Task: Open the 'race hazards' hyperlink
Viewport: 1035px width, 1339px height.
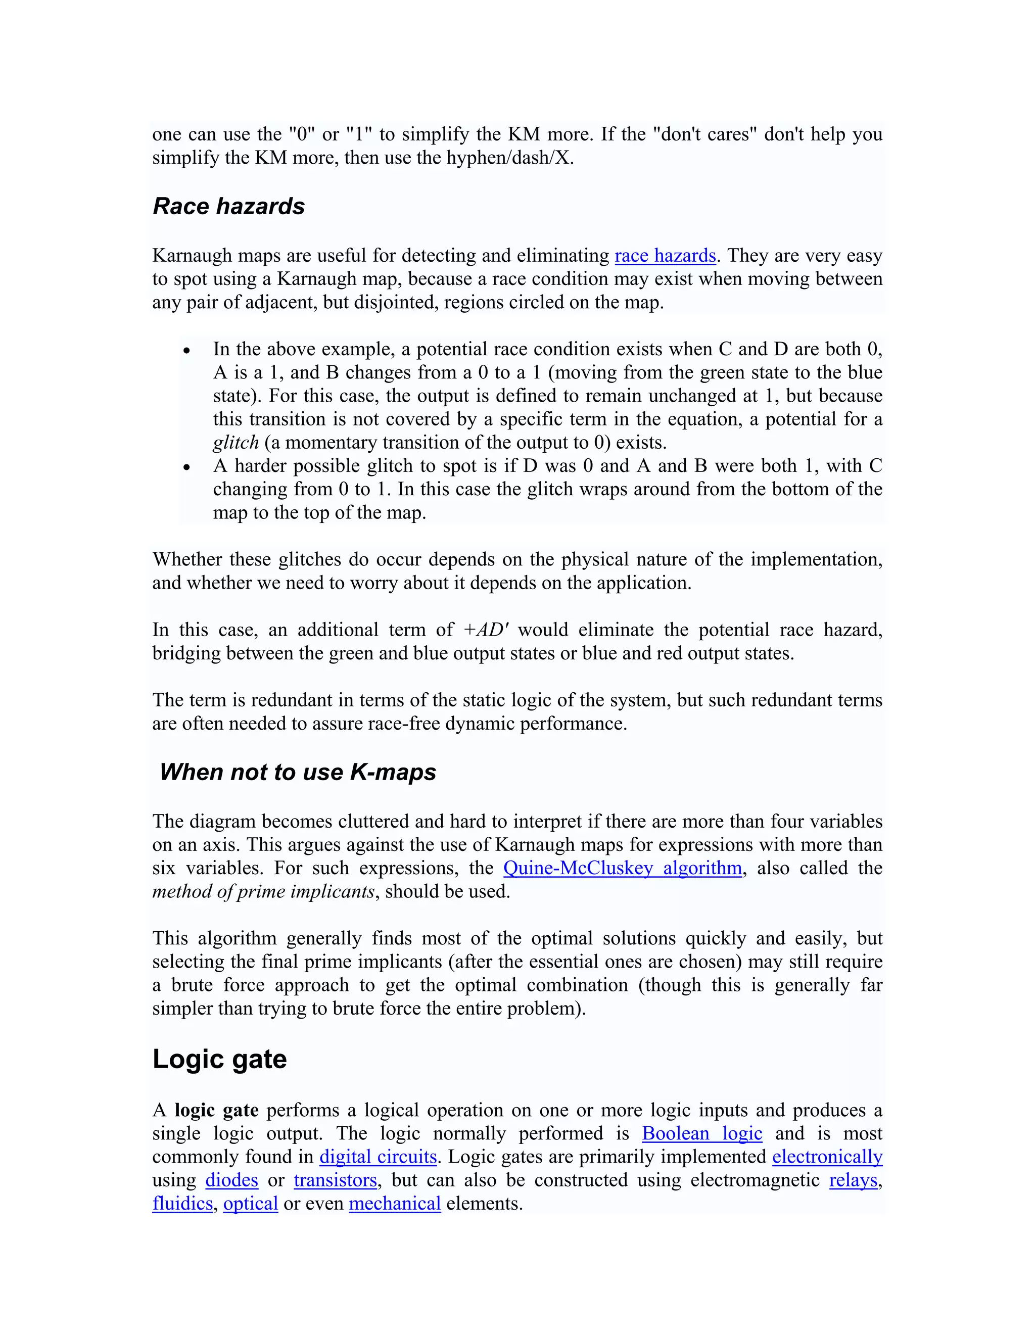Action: (665, 256)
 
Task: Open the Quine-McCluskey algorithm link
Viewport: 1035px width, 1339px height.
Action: (622, 868)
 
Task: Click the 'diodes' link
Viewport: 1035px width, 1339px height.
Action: (231, 1180)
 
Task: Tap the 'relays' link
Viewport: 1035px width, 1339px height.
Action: (853, 1180)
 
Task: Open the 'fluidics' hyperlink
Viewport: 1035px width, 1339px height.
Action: (182, 1204)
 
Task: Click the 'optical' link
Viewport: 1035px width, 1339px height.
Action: (250, 1204)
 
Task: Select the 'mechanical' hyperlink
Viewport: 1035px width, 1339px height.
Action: (395, 1204)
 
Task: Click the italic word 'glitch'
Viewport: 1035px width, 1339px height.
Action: (236, 443)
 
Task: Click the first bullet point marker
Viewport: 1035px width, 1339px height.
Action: (187, 351)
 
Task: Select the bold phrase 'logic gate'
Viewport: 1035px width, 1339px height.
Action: (216, 1110)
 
